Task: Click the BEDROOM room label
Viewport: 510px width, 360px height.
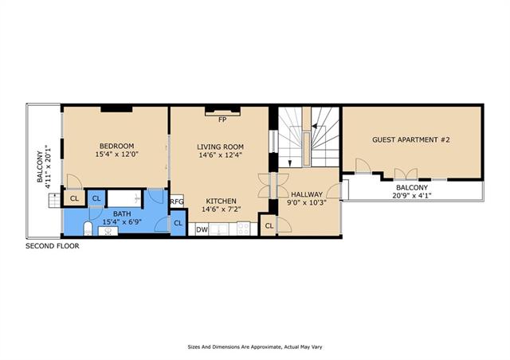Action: [x=116, y=146]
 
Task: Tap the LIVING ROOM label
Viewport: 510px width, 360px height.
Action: [x=220, y=147]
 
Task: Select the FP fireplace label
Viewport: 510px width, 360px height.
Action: [x=222, y=119]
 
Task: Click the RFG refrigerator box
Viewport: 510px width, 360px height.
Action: [x=177, y=202]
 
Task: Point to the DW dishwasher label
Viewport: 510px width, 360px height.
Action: [x=202, y=229]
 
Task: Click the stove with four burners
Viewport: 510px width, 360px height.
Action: [x=243, y=229]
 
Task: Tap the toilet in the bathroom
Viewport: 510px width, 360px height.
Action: [x=88, y=229]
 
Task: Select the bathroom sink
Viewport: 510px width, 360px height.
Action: [x=108, y=231]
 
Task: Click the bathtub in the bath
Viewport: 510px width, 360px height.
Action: [x=124, y=198]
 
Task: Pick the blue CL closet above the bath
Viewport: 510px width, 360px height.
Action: [x=96, y=198]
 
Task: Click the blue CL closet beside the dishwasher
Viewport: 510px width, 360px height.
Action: [x=178, y=223]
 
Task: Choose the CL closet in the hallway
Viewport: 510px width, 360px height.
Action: [x=269, y=225]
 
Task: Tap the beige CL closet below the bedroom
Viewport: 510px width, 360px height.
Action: [x=74, y=198]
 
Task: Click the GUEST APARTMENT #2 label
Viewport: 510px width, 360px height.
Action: [x=411, y=140]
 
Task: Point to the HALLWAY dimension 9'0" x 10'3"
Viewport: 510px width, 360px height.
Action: [x=307, y=202]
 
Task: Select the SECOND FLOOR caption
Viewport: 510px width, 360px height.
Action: [x=53, y=246]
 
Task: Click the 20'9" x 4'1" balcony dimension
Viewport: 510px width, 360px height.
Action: [x=412, y=195]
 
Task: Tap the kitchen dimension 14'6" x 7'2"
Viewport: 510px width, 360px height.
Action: [x=222, y=209]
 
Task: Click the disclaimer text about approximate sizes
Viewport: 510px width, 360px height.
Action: [x=255, y=347]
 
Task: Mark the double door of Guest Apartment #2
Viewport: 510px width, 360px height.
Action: [x=406, y=174]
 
